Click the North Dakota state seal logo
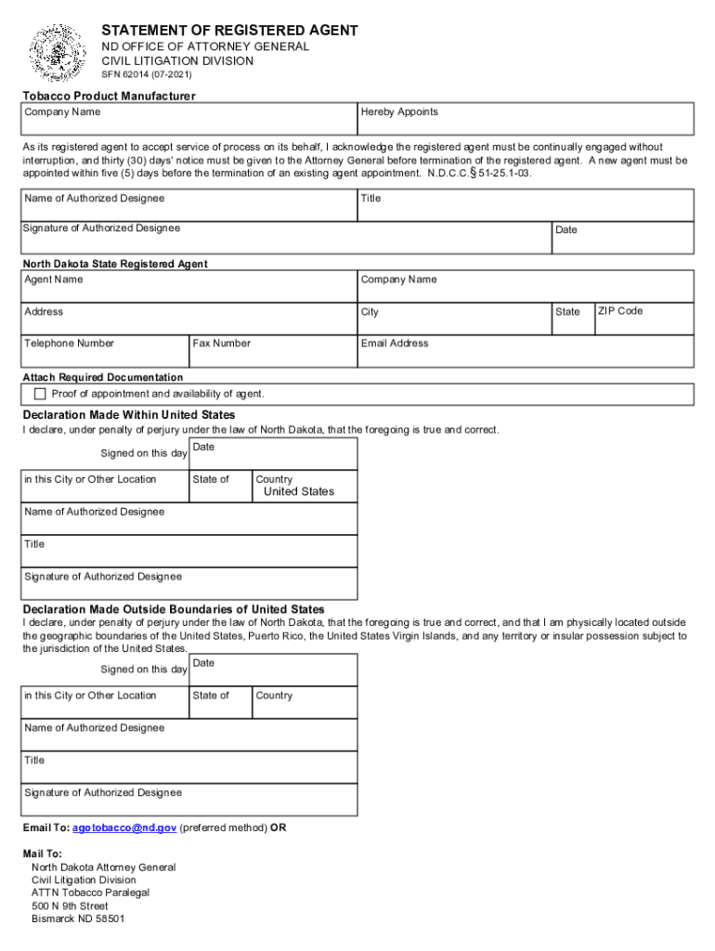[58, 53]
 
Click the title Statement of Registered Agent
[229, 31]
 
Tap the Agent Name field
[189, 287]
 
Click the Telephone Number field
[105, 352]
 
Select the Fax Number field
[273, 352]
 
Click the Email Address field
[526, 352]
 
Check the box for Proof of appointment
[40, 394]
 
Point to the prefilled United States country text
[299, 491]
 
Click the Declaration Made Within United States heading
[129, 414]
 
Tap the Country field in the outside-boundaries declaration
[305, 703]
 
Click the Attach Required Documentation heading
[103, 377]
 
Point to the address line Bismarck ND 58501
[78, 918]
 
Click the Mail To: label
[43, 853]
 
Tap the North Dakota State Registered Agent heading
[115, 264]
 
